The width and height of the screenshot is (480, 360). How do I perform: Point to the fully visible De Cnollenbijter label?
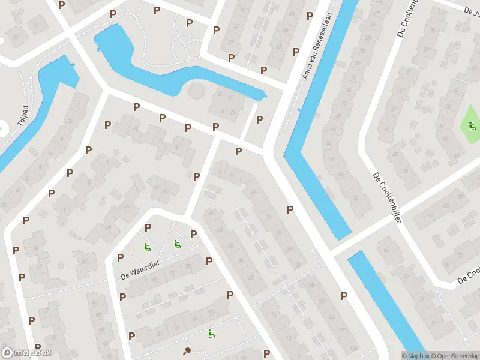pyautogui.click(x=386, y=197)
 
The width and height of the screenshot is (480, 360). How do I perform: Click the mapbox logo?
pyautogui.click(x=26, y=352)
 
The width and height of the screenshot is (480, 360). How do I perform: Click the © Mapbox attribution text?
pyautogui.click(x=415, y=356)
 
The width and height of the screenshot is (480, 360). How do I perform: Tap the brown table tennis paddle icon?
pyautogui.click(x=187, y=351)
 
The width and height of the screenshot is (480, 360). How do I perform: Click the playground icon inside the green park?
pyautogui.click(x=472, y=126)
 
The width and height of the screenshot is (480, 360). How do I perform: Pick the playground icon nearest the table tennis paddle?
pyautogui.click(x=211, y=333)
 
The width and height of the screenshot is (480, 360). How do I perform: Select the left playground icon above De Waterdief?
pyautogui.click(x=146, y=246)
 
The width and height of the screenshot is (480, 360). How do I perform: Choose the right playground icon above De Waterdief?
pyautogui.click(x=177, y=244)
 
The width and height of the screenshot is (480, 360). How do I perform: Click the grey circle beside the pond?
pyautogui.click(x=196, y=92)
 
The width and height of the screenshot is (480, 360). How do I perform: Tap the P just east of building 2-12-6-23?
pyautogui.click(x=259, y=119)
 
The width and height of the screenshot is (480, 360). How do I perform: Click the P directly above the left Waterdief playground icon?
pyautogui.click(x=148, y=227)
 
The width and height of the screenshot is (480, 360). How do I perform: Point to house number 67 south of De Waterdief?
pyautogui.click(x=160, y=334)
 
